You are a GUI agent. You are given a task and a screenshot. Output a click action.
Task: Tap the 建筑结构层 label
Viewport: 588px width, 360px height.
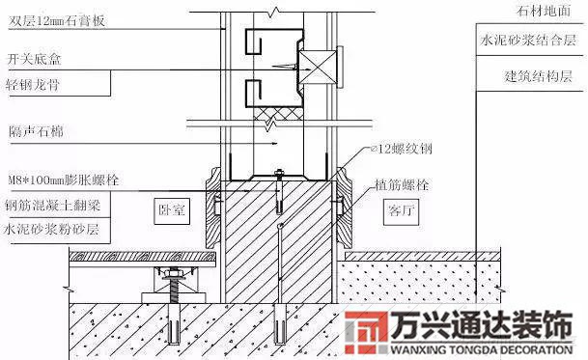(535, 73)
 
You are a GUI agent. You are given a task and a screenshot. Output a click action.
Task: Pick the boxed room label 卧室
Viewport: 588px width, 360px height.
(172, 208)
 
